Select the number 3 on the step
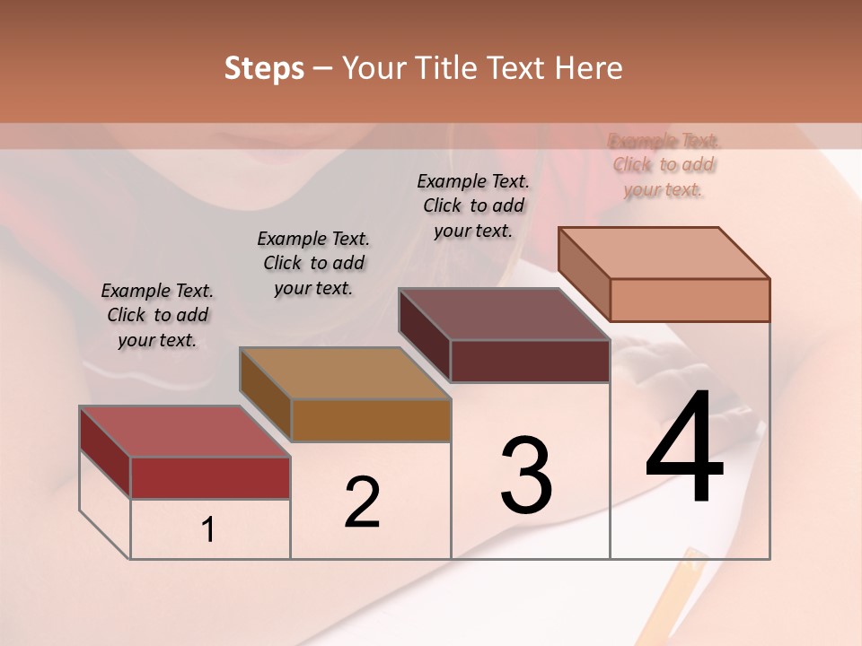pyautogui.click(x=526, y=476)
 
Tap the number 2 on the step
pyautogui.click(x=362, y=502)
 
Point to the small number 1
pyautogui.click(x=208, y=529)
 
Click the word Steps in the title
pyautogui.click(x=264, y=68)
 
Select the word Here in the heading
pyautogui.click(x=589, y=68)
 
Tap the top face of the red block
pyautogui.click(x=184, y=432)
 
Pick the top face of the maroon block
pyautogui.click(x=504, y=314)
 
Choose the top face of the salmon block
pyautogui.click(x=664, y=253)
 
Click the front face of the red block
pyautogui.click(x=210, y=477)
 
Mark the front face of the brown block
pyautogui.click(x=371, y=420)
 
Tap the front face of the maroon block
pyautogui.click(x=530, y=361)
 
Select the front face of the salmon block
pyautogui.click(x=690, y=300)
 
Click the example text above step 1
pyautogui.click(x=157, y=315)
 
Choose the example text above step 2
pyautogui.click(x=313, y=263)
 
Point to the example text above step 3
pyautogui.click(x=473, y=205)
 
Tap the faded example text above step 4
pyautogui.click(x=664, y=165)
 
